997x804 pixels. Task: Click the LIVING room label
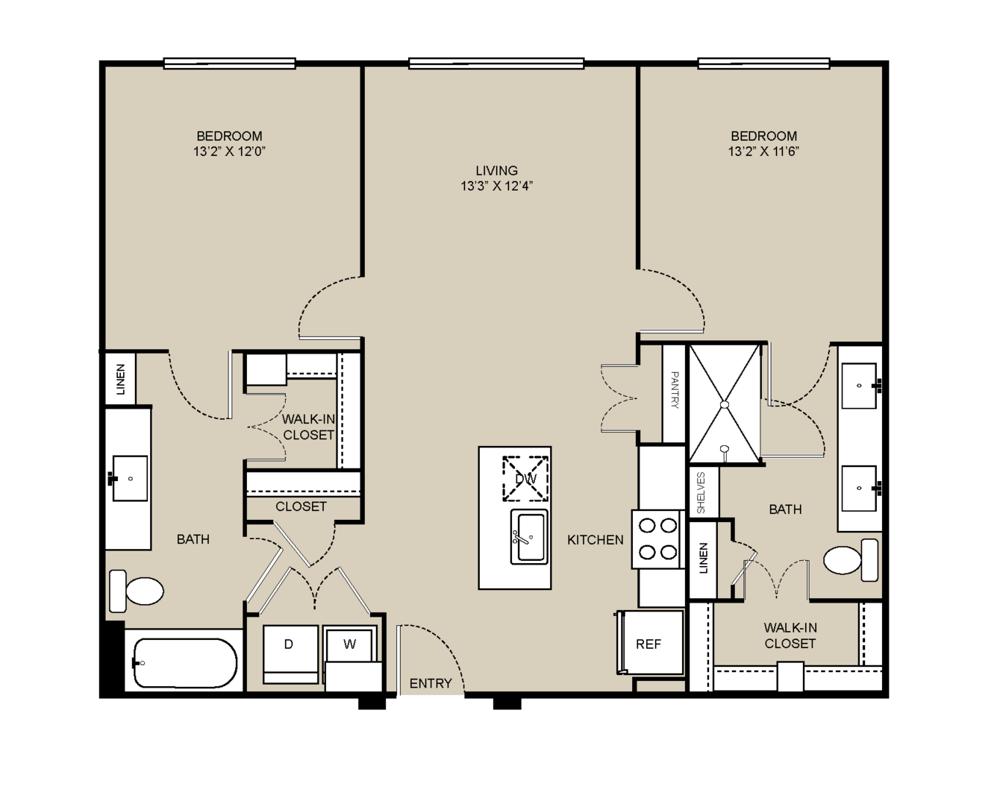tap(496, 171)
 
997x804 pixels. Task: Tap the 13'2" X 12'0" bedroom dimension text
tap(229, 151)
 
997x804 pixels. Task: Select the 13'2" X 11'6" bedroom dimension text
tap(763, 151)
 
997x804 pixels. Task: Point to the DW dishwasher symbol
tap(526, 479)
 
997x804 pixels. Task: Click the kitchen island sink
tap(530, 537)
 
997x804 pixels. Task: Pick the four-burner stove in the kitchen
tap(658, 539)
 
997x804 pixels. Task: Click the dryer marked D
tap(290, 654)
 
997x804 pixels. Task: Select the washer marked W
tap(349, 644)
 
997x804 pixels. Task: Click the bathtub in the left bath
tap(185, 663)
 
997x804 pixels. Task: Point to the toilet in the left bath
tap(137, 591)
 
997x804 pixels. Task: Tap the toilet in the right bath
tap(851, 560)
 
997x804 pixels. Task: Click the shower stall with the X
tap(725, 403)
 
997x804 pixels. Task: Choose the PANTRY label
tap(675, 390)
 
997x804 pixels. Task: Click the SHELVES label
tap(701, 493)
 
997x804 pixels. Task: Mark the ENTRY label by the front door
tap(431, 683)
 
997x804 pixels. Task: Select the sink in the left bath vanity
tap(130, 478)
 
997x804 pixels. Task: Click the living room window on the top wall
tap(496, 63)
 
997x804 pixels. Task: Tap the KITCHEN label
tap(596, 539)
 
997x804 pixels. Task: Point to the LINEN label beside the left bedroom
tap(120, 380)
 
